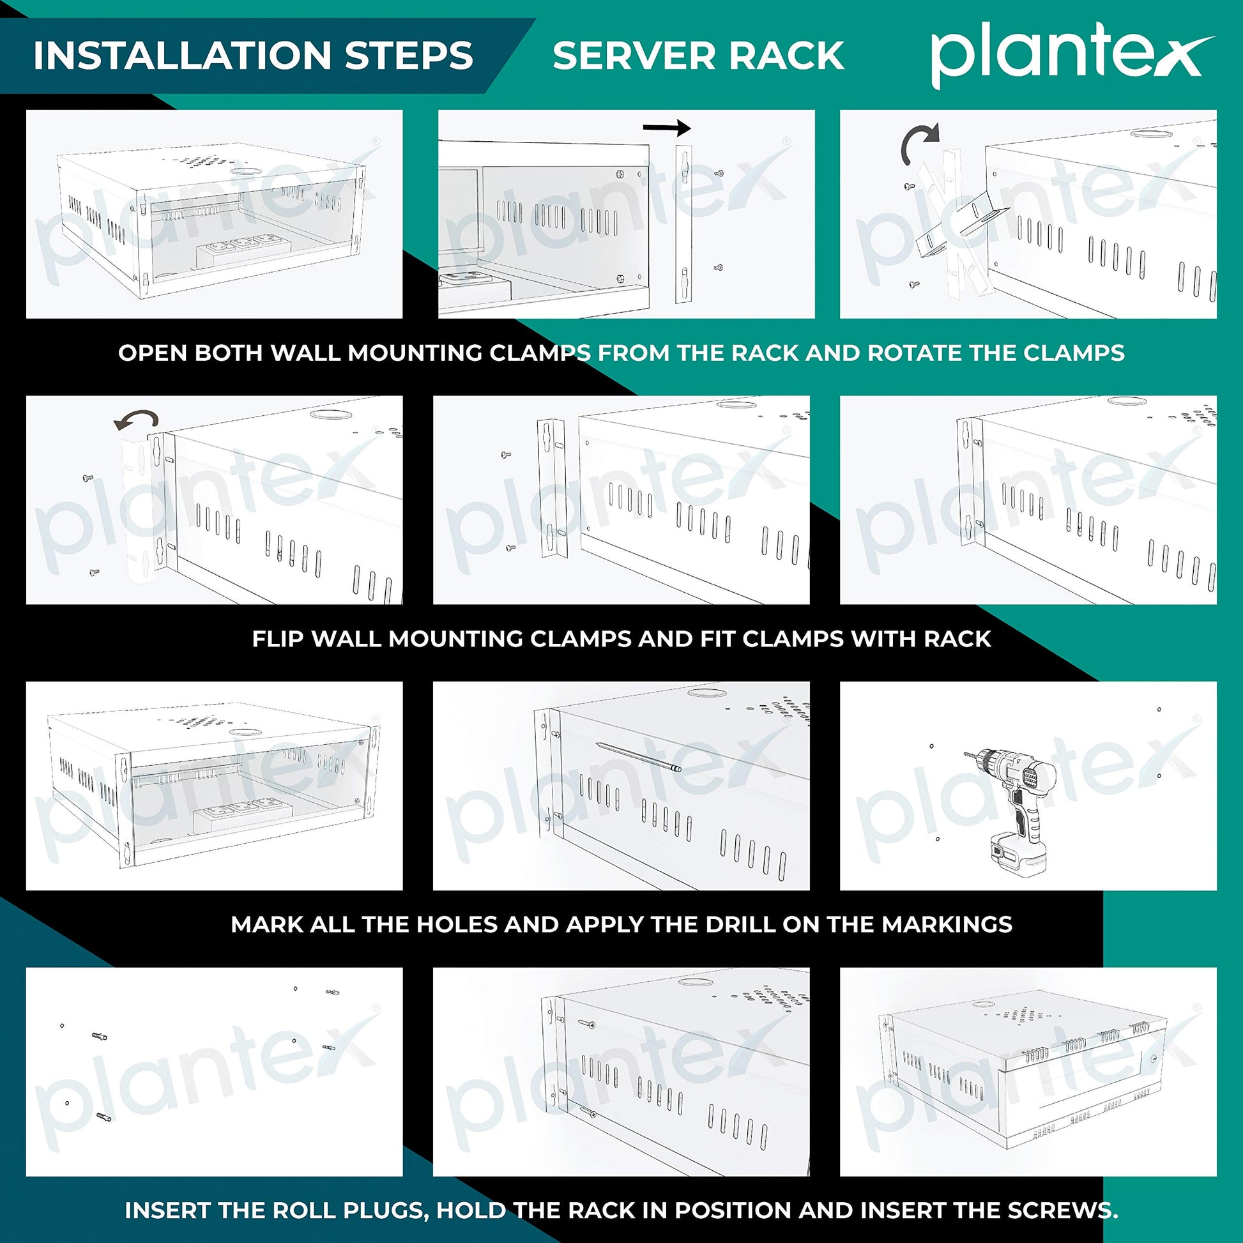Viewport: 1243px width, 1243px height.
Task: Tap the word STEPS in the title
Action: [x=409, y=56]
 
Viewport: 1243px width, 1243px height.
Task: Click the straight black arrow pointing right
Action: [x=667, y=128]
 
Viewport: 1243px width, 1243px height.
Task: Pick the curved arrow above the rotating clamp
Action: [x=919, y=143]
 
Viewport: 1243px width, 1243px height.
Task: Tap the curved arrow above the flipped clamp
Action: [x=136, y=421]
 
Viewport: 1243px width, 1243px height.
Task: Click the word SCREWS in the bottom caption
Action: [x=1061, y=1210]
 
